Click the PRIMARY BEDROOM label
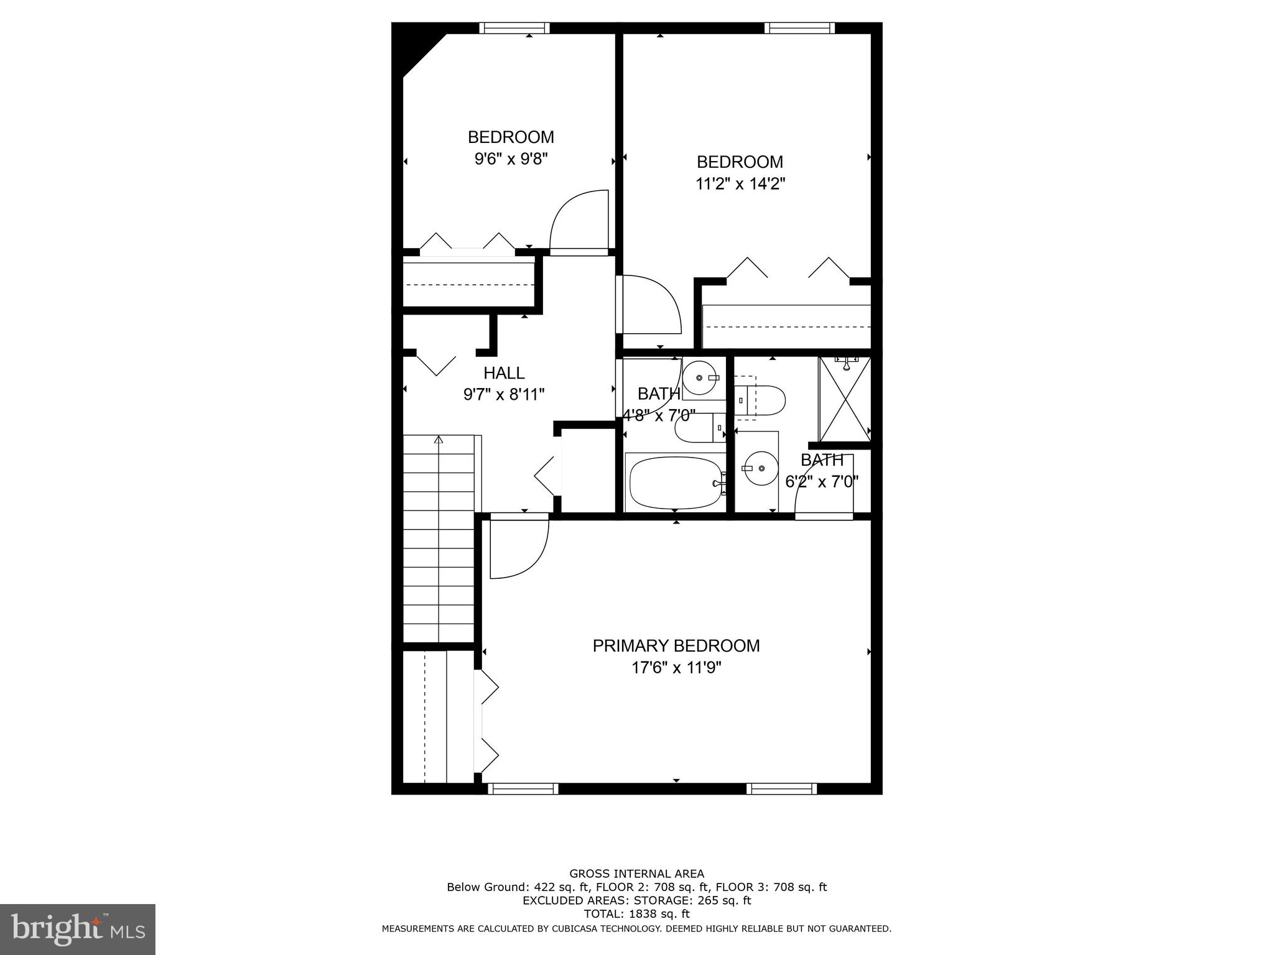(676, 646)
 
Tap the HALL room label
(504, 373)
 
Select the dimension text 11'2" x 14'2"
(740, 184)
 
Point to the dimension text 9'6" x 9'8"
(511, 159)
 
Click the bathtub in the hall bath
(676, 482)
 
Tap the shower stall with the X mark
(844, 398)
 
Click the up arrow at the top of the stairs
(439, 440)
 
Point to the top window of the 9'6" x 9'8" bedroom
(514, 28)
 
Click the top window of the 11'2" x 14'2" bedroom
(799, 28)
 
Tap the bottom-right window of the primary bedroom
(781, 789)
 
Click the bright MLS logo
(78, 929)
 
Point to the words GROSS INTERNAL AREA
(636, 874)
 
